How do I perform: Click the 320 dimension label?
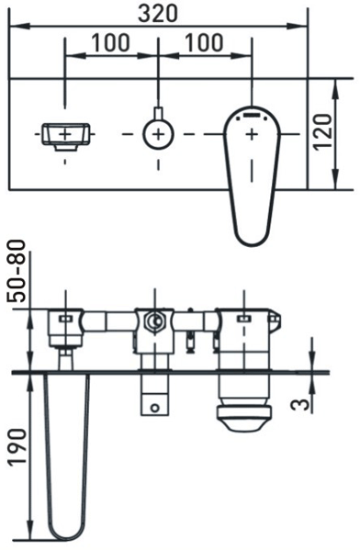[x=158, y=14]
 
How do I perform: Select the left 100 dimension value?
[x=110, y=42]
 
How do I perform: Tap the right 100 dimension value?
[x=204, y=42]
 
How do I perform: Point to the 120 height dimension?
[x=322, y=132]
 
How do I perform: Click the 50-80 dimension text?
[x=17, y=271]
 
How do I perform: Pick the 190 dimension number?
[x=17, y=447]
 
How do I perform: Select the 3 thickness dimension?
[x=300, y=404]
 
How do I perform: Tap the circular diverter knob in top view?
[x=158, y=134]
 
